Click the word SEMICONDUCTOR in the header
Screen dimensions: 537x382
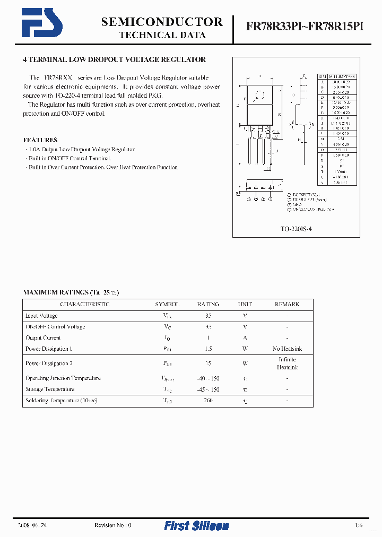[x=162, y=22]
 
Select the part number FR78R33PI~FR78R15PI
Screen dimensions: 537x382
[x=305, y=28]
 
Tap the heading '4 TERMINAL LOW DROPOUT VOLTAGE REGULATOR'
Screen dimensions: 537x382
[x=115, y=60]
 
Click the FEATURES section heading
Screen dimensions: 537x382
[x=40, y=140]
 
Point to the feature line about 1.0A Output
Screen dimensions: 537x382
[x=80, y=150]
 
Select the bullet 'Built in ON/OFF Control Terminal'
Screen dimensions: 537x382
[x=68, y=158]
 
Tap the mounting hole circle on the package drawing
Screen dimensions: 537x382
[x=260, y=96]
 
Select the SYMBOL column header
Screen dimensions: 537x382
[x=167, y=305]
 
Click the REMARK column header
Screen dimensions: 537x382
[x=286, y=305]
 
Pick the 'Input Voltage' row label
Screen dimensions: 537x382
[x=41, y=316]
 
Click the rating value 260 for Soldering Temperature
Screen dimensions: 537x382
[x=208, y=400]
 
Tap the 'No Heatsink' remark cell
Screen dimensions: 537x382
[x=287, y=349]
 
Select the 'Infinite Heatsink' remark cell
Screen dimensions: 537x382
[x=287, y=363]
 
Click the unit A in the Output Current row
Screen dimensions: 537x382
[x=245, y=337]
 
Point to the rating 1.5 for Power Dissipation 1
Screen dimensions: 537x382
[x=208, y=349]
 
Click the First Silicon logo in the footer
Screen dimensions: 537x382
[x=196, y=525]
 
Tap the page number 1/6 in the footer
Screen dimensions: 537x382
[x=359, y=525]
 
